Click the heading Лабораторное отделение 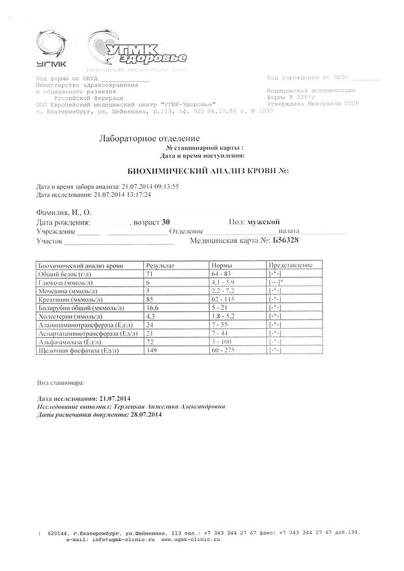(149, 139)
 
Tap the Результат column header (160, 266)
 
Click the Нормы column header (224, 266)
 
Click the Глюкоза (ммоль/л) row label (65, 283)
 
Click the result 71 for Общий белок (151, 274)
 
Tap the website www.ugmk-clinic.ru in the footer (190, 540)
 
